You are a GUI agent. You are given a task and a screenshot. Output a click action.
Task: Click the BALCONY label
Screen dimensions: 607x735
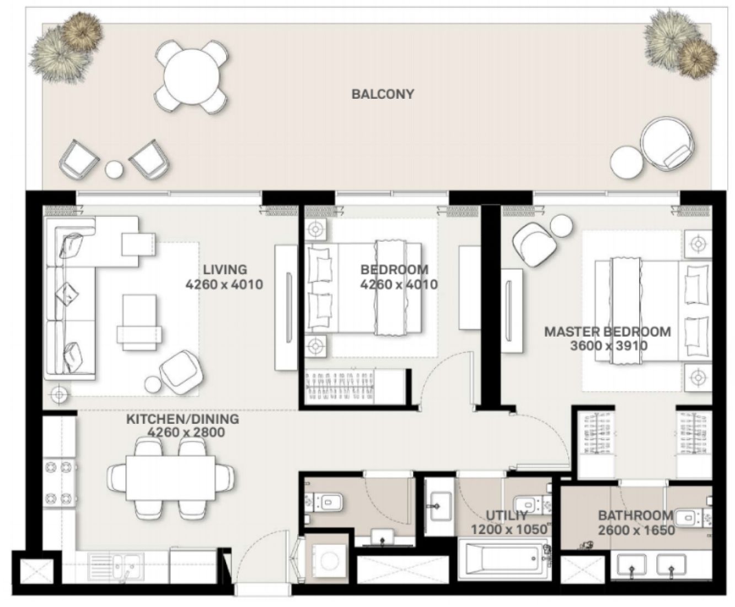pos(383,94)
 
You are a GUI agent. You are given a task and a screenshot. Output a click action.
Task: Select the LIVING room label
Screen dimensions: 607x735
pos(225,270)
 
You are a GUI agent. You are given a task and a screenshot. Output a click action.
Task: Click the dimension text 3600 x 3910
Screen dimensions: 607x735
pos(609,346)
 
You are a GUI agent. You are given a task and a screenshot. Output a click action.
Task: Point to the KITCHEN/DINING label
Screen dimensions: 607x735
pos(183,419)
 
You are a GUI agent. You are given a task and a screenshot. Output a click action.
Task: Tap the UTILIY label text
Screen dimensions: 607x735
pos(506,516)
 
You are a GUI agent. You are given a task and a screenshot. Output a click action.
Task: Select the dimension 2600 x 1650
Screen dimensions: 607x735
pos(636,530)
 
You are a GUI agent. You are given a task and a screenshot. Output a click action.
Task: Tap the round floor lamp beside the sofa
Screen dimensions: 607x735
pos(58,395)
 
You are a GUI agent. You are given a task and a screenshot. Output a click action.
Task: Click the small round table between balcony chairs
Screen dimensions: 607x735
pos(115,169)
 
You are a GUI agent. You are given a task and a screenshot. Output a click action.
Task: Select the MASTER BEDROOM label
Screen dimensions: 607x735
pos(607,332)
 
